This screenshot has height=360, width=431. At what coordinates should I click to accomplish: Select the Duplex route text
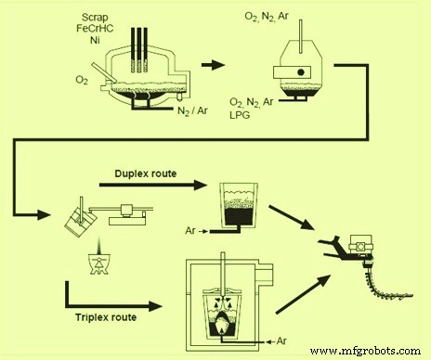click(x=146, y=173)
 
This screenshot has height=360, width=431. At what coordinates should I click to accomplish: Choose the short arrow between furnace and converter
click(x=213, y=65)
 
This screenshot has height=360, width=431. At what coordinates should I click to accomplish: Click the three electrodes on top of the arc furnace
click(x=139, y=42)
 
